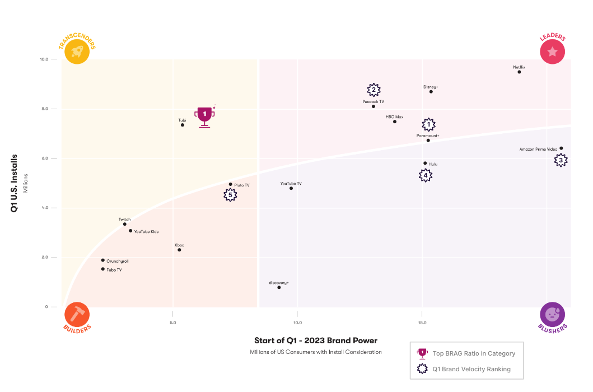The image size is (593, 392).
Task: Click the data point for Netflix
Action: click(x=519, y=72)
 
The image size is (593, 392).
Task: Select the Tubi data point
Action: click(x=183, y=125)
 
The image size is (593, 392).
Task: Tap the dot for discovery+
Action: click(x=279, y=287)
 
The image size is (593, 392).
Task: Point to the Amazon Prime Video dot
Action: click(x=561, y=148)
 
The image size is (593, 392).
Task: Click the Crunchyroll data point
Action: click(x=103, y=260)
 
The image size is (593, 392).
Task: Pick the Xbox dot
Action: click(x=179, y=250)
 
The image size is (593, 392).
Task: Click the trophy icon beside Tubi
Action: click(x=204, y=116)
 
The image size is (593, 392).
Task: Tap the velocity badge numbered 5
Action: click(x=230, y=195)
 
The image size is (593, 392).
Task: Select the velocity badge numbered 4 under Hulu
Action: click(x=426, y=175)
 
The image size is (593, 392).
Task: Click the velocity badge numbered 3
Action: click(x=561, y=161)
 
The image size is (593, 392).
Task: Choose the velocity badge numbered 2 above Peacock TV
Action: click(x=373, y=90)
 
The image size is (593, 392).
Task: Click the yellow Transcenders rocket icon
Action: click(x=77, y=52)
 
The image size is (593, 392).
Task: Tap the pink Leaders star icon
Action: click(x=552, y=52)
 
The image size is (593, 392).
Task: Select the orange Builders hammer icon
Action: click(x=77, y=315)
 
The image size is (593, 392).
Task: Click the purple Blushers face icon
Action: click(x=552, y=315)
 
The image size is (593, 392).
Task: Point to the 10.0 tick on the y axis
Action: click(x=44, y=59)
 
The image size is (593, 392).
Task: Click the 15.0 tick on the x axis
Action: click(x=422, y=323)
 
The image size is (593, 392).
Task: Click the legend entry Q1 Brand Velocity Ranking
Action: click(x=471, y=369)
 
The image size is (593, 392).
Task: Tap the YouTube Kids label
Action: click(x=147, y=231)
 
